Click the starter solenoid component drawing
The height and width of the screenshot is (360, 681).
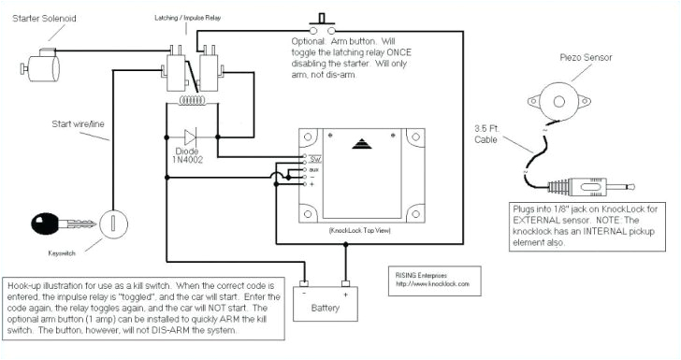[36, 66]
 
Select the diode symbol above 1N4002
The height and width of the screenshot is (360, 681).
[193, 134]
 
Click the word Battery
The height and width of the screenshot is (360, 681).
[326, 309]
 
